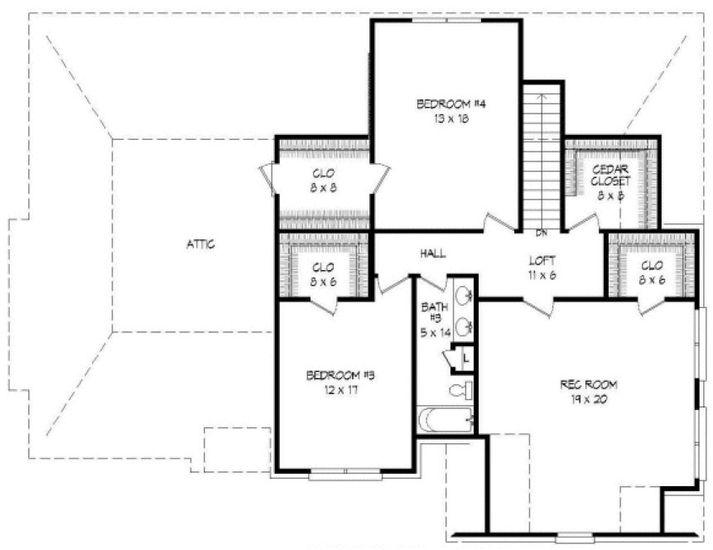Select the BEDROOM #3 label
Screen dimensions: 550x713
point(341,374)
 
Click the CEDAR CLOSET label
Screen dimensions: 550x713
point(611,174)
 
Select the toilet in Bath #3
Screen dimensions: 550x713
point(460,389)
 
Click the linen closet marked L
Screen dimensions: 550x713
point(466,358)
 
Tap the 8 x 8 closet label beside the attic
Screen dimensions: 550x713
point(323,187)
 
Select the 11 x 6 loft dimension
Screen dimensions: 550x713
point(541,274)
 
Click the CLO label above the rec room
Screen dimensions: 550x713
point(652,267)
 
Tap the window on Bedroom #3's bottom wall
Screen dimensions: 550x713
point(345,475)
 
